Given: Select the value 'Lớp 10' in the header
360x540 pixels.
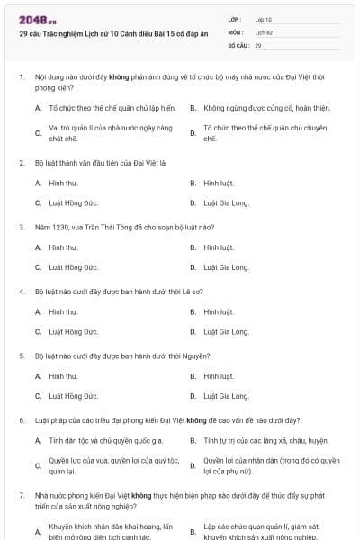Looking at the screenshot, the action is pyautogui.click(x=264, y=18).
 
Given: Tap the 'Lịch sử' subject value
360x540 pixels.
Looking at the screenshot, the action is pyautogui.click(x=264, y=31).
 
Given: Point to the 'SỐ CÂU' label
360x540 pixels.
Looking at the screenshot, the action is pyautogui.click(x=238, y=44).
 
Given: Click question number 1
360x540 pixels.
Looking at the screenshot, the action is pyautogui.click(x=21, y=77).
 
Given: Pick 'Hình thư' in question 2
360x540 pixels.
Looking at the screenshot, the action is pyautogui.click(x=63, y=183).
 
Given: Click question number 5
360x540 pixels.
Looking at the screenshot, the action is pyautogui.click(x=21, y=355).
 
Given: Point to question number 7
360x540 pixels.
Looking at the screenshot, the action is pyautogui.click(x=21, y=495).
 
